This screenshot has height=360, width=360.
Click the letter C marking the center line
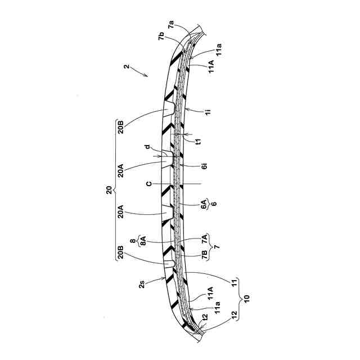pyautogui.click(x=149, y=183)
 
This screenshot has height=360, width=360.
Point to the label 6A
pyautogui.click(x=204, y=206)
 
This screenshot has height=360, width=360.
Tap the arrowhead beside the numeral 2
pyautogui.click(x=147, y=75)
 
